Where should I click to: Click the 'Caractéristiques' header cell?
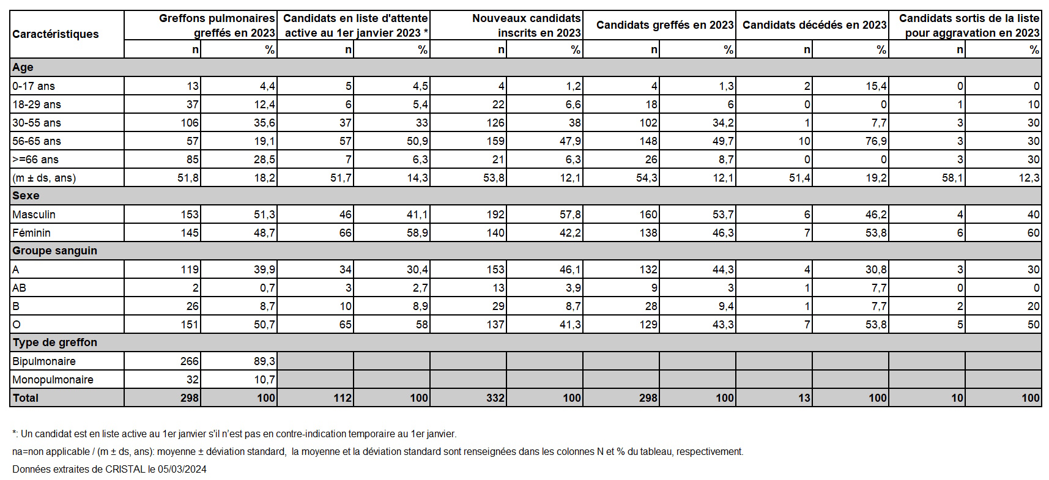(x=56, y=34)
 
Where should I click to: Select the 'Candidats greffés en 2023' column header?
(x=665, y=25)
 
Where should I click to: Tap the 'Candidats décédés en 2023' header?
(x=814, y=25)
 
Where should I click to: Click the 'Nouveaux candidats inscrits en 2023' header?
(x=527, y=26)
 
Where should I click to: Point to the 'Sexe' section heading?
(x=26, y=196)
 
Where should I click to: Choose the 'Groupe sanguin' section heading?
(x=54, y=251)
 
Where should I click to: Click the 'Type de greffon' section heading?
(x=54, y=342)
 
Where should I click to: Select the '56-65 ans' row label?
(x=37, y=141)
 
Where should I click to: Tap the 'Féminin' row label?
(x=31, y=233)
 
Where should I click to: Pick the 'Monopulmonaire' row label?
(x=53, y=380)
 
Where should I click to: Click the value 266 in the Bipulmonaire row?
(x=190, y=361)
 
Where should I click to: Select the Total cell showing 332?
(x=495, y=398)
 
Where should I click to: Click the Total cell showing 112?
(x=343, y=398)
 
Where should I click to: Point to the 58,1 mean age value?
(x=953, y=178)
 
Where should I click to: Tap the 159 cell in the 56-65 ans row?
(x=495, y=141)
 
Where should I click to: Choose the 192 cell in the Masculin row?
(x=495, y=215)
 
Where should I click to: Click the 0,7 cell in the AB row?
(x=267, y=288)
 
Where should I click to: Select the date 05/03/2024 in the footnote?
(x=182, y=470)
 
